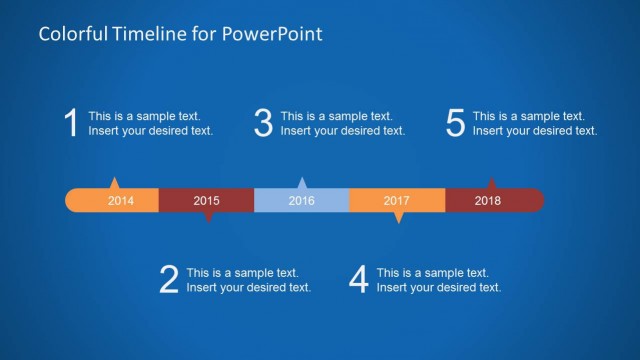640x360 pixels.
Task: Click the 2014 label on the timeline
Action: [x=120, y=201]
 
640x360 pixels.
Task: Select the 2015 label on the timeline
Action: [x=206, y=201]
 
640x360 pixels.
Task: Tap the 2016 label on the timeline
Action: [x=301, y=201]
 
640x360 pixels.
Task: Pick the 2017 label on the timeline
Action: [x=397, y=201]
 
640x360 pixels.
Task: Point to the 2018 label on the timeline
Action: [x=488, y=201]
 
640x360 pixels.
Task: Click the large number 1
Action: [x=71, y=123]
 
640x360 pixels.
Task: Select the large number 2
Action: [x=169, y=280]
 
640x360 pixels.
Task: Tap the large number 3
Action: [x=263, y=123]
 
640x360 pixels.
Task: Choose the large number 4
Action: [x=359, y=280]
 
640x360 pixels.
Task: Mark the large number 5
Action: [x=456, y=123]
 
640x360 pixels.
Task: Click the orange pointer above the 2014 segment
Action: [x=114, y=183]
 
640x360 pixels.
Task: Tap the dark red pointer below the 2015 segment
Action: [x=207, y=216]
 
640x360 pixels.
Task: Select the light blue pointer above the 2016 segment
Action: [x=302, y=183]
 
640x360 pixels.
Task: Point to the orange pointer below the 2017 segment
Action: [x=398, y=217]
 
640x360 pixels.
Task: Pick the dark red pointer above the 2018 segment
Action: [x=491, y=183]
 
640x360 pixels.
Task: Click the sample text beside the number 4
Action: [x=438, y=280]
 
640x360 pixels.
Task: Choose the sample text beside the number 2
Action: [x=248, y=280]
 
